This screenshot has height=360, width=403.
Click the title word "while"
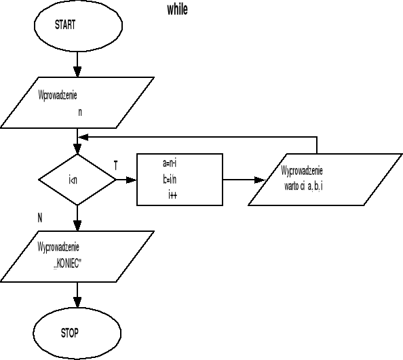[177, 9]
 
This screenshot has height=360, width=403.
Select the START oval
[79, 25]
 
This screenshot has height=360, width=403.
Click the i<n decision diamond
[77, 180]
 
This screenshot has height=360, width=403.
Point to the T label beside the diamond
[115, 165]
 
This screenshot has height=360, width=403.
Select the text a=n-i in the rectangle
[170, 163]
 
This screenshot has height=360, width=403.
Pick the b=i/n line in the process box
[170, 179]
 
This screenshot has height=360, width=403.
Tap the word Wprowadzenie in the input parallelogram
[62, 96]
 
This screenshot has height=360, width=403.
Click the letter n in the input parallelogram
[80, 113]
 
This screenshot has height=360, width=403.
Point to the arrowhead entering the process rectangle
[131, 180]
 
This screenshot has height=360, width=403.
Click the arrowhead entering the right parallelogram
[258, 180]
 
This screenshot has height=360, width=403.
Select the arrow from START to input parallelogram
[79, 64]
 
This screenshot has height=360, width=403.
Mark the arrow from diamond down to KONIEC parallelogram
[79, 219]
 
